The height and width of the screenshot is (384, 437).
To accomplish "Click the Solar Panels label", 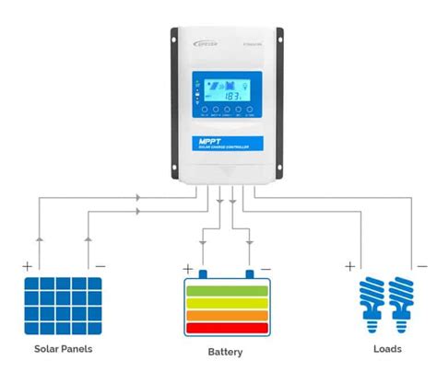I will tap(63, 349).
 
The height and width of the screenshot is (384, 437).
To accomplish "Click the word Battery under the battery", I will tap(225, 352).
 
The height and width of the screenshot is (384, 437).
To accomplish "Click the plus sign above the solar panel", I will tap(27, 265).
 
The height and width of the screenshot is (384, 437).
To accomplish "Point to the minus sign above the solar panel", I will tap(100, 265).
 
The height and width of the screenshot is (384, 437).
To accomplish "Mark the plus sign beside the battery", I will tap(188, 269).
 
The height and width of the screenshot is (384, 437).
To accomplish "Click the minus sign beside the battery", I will tap(266, 269).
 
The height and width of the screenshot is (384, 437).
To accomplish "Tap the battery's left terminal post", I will tap(203, 273).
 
